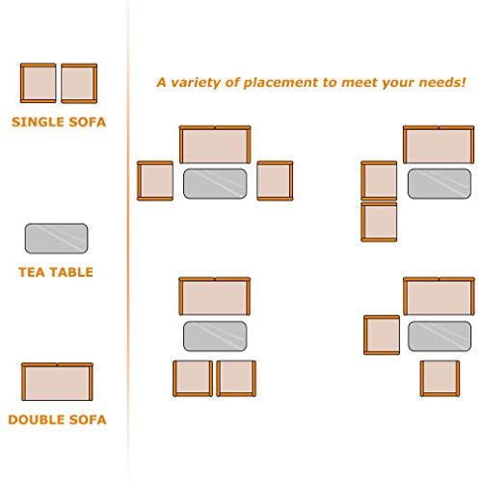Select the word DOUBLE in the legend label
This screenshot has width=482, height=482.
pos(30,419)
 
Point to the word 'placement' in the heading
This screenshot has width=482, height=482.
pos(281,83)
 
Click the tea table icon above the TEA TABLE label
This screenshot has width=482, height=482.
pos(56,238)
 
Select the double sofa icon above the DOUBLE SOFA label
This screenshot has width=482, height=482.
pos(57,382)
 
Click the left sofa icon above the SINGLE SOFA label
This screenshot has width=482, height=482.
pos(39,83)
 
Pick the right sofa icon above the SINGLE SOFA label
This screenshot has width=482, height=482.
pos(79,83)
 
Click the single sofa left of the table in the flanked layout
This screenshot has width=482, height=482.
pos(155,181)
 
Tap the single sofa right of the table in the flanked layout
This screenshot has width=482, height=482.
pos(275,181)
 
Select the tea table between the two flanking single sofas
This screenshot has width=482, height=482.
pos(215,183)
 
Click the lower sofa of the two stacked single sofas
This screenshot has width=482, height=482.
pos(379,222)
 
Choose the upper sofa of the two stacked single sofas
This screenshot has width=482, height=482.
pos(379,181)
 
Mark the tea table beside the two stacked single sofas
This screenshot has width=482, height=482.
pos(440,183)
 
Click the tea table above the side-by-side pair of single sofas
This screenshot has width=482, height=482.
pos(215,336)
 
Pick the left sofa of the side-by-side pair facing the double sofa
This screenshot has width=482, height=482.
pos(193,379)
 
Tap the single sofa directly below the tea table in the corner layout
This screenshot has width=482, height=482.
pos(440,379)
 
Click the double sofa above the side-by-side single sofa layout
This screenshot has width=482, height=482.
pos(215,296)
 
